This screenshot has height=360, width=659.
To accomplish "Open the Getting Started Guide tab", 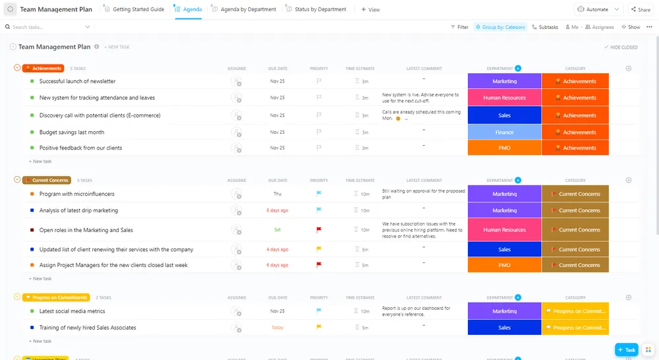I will tap(138, 10).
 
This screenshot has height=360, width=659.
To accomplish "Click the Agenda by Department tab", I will tap(248, 10).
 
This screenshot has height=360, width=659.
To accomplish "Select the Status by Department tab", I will tap(320, 10).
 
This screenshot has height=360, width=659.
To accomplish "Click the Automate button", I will tap(598, 10).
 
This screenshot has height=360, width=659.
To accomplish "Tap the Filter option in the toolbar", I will tap(459, 27).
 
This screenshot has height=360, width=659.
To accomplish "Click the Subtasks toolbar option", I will tap(545, 27).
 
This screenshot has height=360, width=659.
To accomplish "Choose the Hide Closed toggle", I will tap(621, 47).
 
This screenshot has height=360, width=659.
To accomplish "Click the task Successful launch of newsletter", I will tap(77, 82).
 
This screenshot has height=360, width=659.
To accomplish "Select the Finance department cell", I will tap(504, 133).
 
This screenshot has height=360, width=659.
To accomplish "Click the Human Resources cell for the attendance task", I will tap(504, 98).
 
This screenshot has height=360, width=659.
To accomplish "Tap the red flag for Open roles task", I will tap(319, 230).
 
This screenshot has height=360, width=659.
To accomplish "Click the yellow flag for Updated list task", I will tap(319, 250).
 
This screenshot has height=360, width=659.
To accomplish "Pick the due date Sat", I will tap(277, 230).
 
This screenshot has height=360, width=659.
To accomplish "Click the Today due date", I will tap(277, 328).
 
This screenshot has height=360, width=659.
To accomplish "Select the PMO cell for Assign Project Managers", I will tap(504, 265).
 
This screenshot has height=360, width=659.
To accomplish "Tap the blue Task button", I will tap(626, 349).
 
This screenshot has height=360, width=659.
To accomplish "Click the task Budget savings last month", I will tap(72, 133).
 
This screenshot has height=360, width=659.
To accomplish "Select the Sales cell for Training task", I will tap(504, 328).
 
